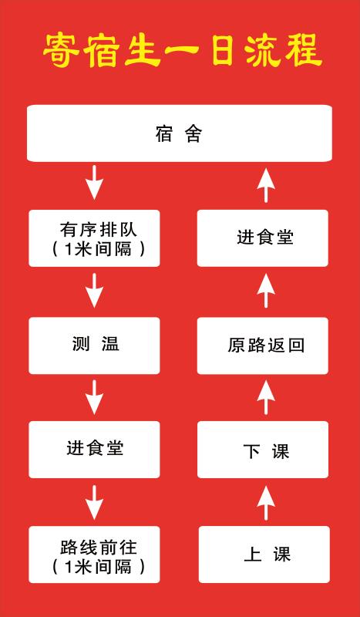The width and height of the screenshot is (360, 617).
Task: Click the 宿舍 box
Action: tap(180, 133)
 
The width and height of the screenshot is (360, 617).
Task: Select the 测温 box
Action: tap(94, 346)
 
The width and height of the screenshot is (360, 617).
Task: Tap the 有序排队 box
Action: tap(94, 238)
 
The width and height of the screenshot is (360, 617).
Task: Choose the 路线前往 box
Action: tap(94, 555)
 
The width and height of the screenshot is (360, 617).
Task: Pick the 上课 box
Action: tap(264, 555)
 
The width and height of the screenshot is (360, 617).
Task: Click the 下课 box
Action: tap(263, 450)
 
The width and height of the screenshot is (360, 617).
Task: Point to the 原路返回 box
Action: tap(263, 346)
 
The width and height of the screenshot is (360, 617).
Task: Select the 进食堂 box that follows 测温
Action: tap(94, 450)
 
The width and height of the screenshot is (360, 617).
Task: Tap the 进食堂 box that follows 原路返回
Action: tap(263, 238)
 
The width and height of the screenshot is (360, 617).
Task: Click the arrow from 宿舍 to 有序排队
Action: tap(94, 183)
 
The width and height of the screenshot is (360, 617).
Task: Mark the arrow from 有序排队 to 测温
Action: tap(94, 291)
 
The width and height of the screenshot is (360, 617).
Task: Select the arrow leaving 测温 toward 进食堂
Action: tap(94, 397)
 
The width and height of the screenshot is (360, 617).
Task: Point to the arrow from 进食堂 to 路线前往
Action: tap(94, 503)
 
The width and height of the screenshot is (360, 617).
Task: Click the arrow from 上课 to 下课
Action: tap(266, 503)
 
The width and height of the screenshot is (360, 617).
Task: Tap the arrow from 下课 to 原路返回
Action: tap(266, 397)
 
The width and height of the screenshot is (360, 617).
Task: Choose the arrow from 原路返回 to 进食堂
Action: tap(266, 291)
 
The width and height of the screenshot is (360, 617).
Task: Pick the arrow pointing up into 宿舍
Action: tap(266, 185)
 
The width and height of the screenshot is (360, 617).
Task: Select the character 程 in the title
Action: tap(303, 51)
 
